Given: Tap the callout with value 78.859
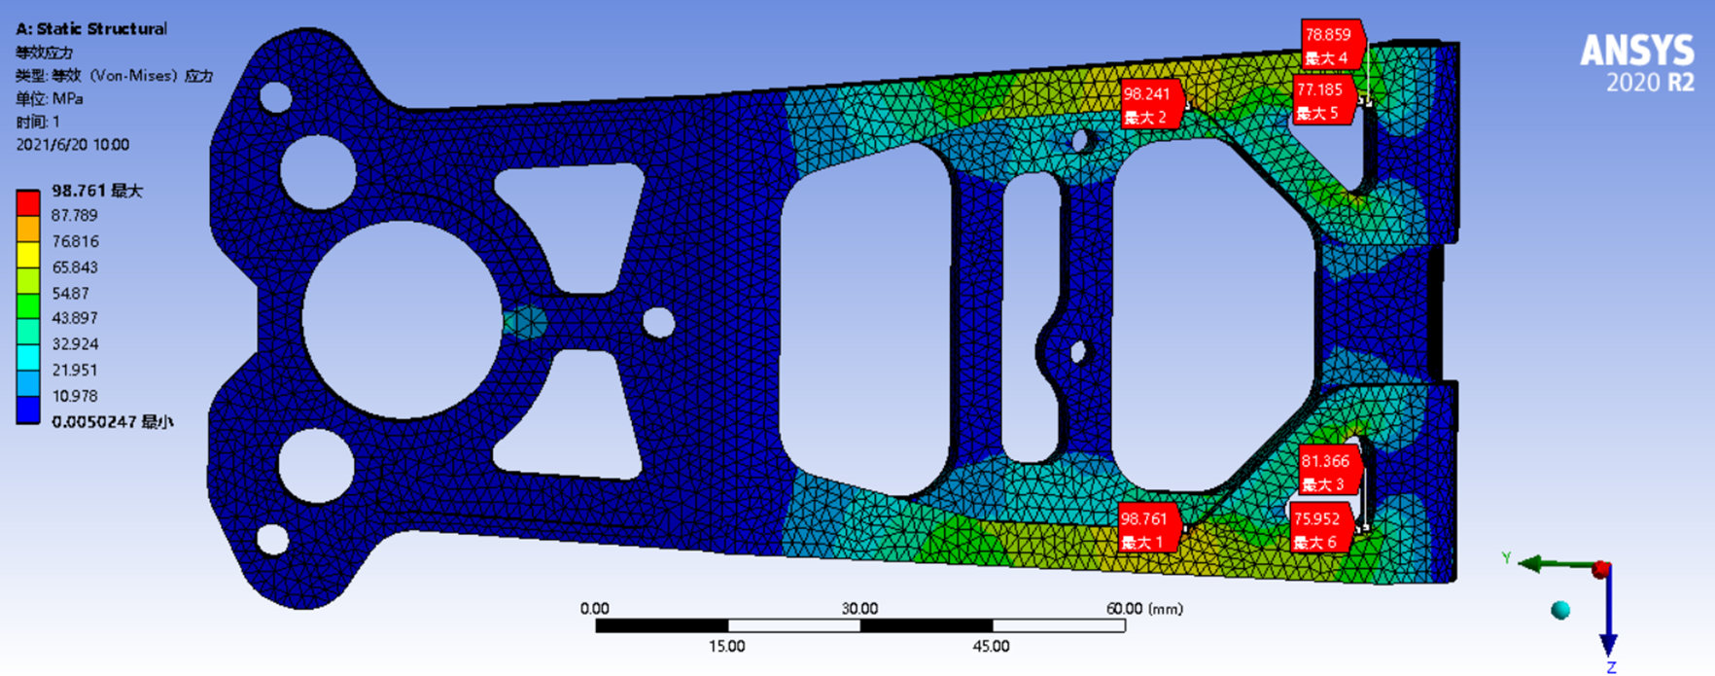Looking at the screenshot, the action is [x=1333, y=46].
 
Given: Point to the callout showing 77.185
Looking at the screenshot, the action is [x=1323, y=100].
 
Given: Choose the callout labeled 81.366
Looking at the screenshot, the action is [x=1328, y=472].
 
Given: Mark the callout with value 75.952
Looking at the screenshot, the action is [x=1320, y=529].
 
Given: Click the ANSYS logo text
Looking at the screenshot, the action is [x=1637, y=51].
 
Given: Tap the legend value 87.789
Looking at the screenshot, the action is [x=75, y=215].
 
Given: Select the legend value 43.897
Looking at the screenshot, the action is [x=75, y=318].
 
